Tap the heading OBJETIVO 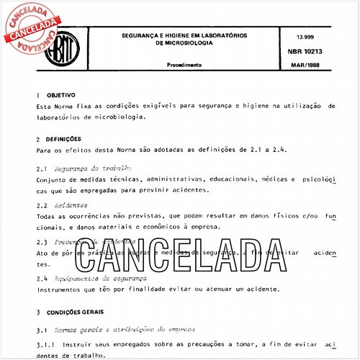coord(61,94)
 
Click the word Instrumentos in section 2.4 coord(63,289)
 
